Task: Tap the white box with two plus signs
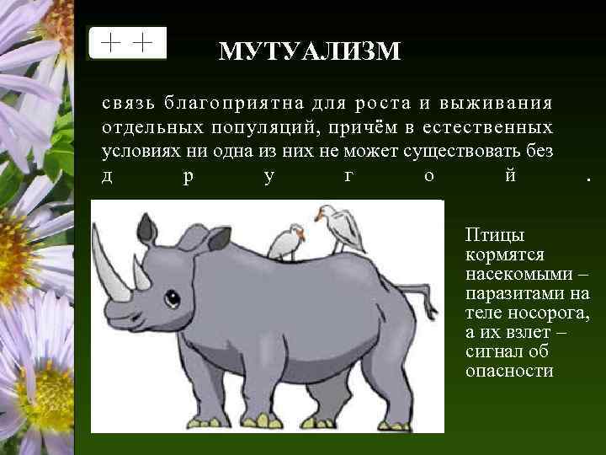tap(127, 43)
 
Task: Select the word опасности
tap(509, 371)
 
